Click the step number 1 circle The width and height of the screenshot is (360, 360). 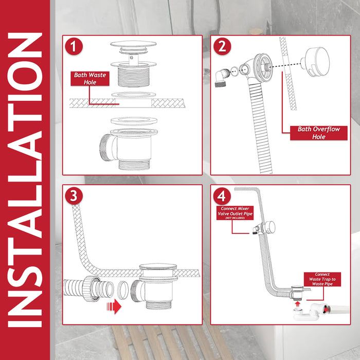74,46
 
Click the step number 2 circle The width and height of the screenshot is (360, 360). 222,46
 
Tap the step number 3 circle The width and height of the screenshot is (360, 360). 74,196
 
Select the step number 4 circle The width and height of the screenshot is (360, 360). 222,196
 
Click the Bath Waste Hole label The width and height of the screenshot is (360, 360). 90,79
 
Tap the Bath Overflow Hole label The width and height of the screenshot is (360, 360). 319,133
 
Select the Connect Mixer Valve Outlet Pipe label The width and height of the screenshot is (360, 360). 235,213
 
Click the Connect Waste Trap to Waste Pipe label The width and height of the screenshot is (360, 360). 322,279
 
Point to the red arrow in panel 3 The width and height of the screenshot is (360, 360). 114,307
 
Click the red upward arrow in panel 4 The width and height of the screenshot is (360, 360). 297,304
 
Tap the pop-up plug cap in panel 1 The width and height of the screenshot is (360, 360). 133,44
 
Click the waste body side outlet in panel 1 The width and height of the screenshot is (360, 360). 106,147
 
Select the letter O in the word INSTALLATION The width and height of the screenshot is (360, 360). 25,76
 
